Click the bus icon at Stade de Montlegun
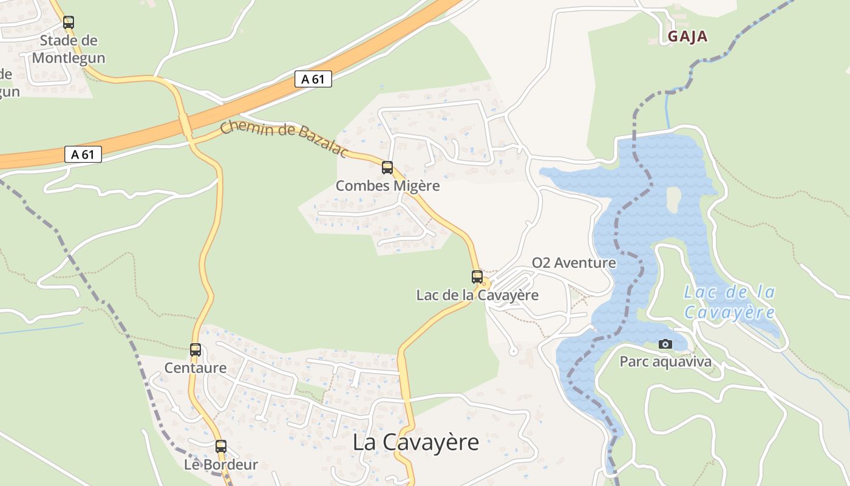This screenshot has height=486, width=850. tap(69, 22)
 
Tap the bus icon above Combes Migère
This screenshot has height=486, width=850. tap(387, 168)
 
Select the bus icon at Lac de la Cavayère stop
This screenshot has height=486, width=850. tap(477, 277)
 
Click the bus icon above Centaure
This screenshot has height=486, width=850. tap(195, 350)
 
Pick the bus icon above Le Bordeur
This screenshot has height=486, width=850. tap(221, 447)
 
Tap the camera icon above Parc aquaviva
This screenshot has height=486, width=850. tap(665, 344)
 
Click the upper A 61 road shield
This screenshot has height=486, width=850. tap(313, 79)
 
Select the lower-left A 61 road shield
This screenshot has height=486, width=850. tap(83, 154)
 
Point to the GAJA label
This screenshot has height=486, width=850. tap(688, 36)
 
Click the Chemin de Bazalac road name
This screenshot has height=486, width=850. tap(284, 138)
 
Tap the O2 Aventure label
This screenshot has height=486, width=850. tap(574, 263)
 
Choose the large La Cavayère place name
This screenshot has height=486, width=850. tap(416, 442)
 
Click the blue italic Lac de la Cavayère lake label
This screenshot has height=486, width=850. tap(729, 302)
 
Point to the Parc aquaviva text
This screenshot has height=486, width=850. tap(665, 362)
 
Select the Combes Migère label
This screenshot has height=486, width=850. tap(387, 186)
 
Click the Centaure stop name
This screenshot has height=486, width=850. tap(195, 368)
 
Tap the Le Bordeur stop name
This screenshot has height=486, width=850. tap(221, 465)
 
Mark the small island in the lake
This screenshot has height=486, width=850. tap(673, 199)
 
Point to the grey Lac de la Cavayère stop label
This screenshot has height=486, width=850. tap(477, 295)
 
